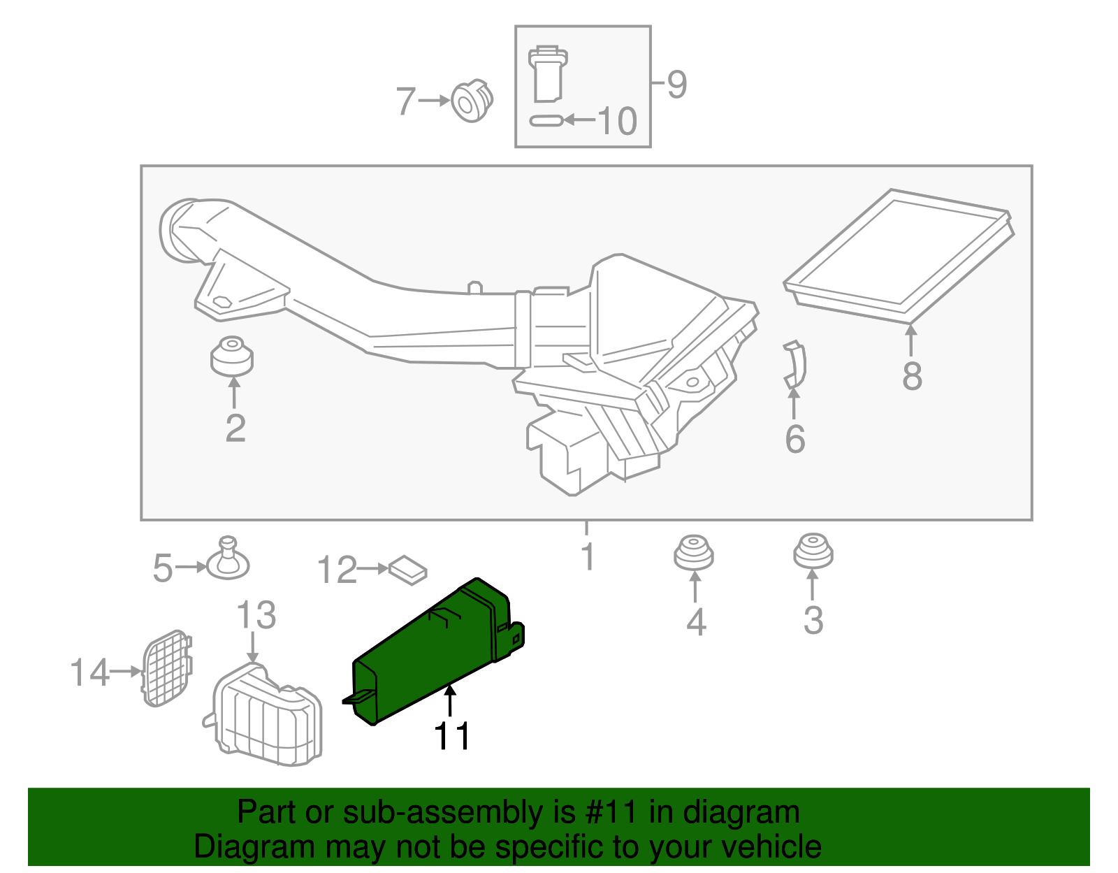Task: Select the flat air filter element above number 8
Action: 899,256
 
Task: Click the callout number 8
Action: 912,375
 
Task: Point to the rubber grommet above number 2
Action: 231,356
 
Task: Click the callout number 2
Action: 235,428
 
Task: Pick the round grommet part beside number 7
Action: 472,101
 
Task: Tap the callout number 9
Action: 676,85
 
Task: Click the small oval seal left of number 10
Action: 546,120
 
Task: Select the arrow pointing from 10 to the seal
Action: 579,120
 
